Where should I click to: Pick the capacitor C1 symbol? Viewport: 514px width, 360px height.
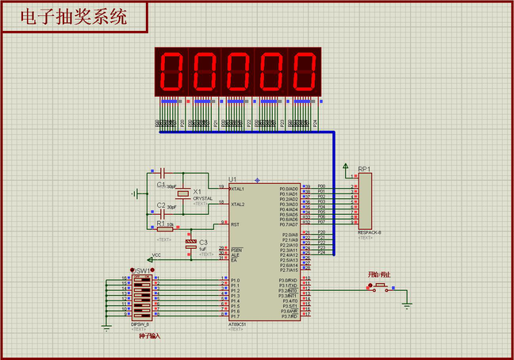coord(162,172)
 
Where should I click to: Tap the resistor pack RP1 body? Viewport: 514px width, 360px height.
coord(366,201)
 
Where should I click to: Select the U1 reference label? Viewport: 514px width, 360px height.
coord(232,179)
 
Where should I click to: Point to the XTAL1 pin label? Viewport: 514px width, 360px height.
coord(237,189)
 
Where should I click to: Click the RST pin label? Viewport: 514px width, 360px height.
coord(235,224)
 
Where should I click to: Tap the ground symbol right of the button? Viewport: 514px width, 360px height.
coord(407,302)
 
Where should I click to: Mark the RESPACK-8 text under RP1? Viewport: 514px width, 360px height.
coord(370,231)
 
